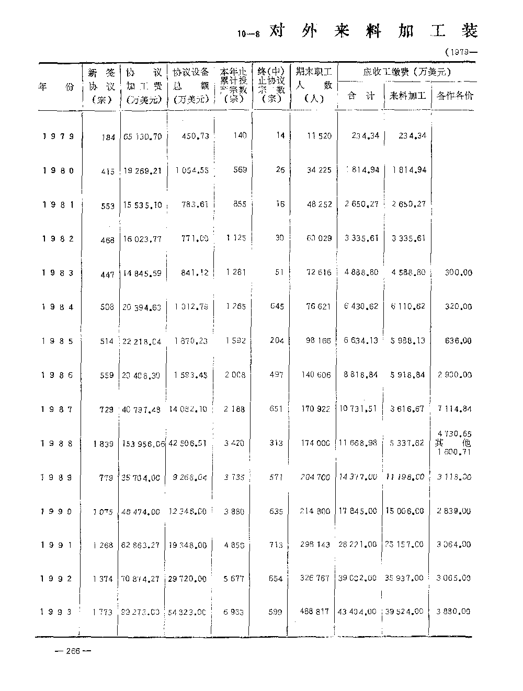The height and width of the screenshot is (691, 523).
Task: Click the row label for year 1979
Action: (x=58, y=136)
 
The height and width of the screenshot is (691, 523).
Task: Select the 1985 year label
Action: (x=58, y=341)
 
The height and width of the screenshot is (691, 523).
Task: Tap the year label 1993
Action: (x=58, y=612)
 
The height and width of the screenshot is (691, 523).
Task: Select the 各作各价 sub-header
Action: (x=454, y=96)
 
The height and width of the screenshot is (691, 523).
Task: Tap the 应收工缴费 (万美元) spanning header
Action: (x=407, y=72)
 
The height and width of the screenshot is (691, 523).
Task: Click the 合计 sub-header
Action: (x=361, y=96)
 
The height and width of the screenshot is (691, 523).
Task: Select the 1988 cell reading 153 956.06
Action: (x=143, y=443)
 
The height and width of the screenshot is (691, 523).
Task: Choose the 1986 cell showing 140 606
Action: (x=315, y=375)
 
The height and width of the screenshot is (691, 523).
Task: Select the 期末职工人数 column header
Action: (x=313, y=84)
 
